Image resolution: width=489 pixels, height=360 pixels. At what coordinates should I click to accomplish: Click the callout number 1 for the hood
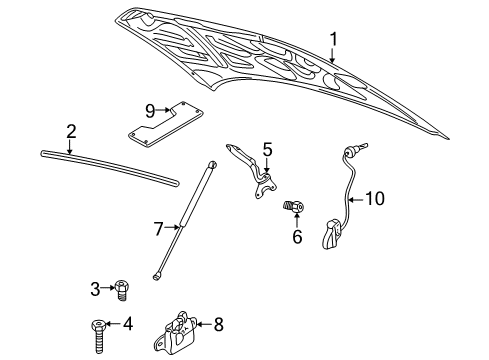[335, 38]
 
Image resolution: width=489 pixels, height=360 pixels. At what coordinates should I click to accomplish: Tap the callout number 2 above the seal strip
[71, 130]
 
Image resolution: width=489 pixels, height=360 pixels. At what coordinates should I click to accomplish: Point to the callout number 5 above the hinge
[267, 150]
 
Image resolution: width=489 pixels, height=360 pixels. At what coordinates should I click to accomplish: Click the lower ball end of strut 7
[159, 272]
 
